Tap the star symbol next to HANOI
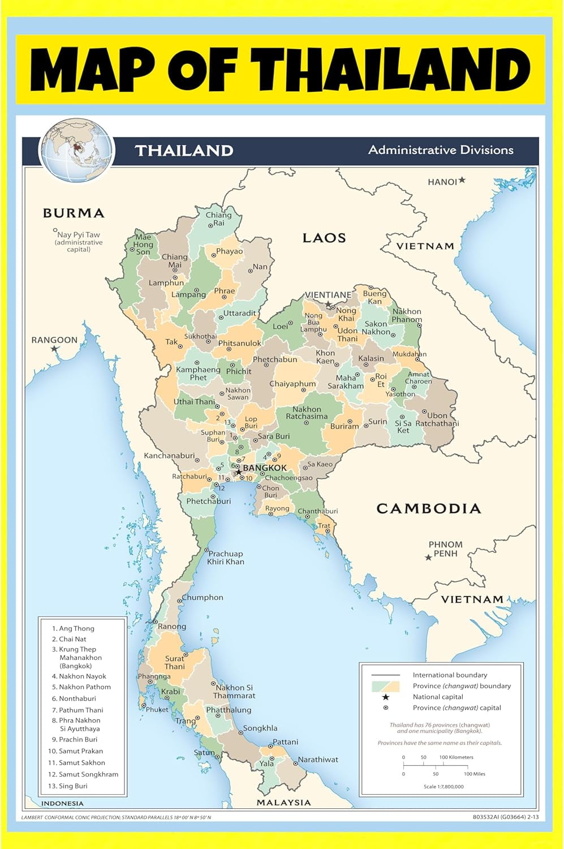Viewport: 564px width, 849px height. [462, 180]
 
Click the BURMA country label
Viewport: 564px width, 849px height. [74, 213]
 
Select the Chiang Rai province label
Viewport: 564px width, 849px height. [218, 219]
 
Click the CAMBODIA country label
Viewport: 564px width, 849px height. [428, 508]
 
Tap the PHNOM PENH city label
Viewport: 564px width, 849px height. [445, 548]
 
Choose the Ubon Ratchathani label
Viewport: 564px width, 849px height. [437, 419]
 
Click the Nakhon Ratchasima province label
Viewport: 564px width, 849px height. [307, 413]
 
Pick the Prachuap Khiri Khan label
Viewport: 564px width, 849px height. [225, 558]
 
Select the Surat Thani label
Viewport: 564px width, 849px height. [175, 662]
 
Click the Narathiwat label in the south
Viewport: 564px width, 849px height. [318, 760]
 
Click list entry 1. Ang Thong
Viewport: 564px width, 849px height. [73, 628]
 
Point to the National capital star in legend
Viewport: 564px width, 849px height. [386, 697]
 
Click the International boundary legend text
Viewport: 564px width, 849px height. [450, 675]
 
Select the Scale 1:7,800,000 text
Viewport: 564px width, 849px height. [444, 786]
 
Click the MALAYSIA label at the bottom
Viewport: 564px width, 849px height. [283, 802]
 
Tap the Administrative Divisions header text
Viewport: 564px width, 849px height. [441, 150]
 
